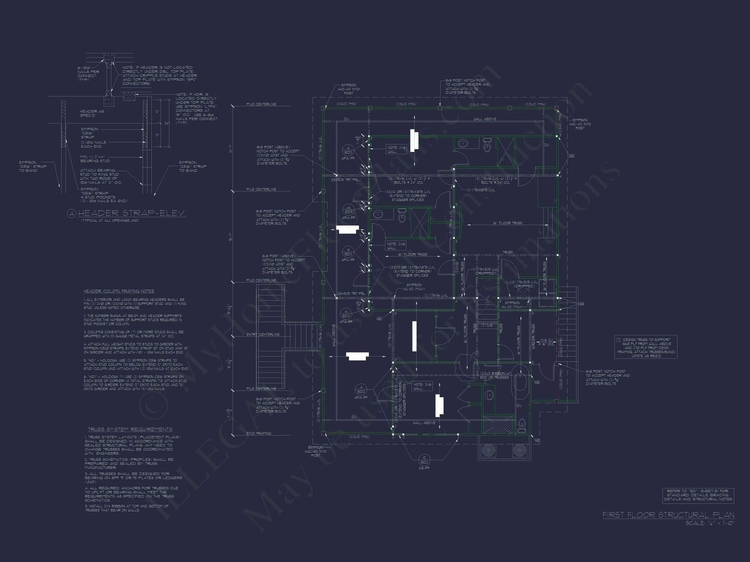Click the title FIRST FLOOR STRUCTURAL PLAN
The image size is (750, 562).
click(668, 515)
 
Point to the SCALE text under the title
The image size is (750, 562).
click(710, 523)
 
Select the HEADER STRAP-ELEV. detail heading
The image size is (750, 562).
click(132, 213)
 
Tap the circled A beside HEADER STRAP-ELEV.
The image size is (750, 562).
click(71, 213)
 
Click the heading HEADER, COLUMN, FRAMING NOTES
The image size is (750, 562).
click(119, 291)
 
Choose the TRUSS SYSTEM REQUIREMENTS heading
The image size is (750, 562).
click(130, 429)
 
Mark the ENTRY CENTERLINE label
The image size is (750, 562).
click(263, 334)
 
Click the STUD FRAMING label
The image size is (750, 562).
click(259, 433)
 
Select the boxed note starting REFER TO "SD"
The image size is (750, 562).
click(698, 495)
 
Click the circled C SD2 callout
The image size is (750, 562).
click(424, 460)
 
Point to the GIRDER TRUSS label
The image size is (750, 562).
click(533, 336)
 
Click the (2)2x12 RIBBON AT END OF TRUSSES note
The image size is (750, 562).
click(495, 375)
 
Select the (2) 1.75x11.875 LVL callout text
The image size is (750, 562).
click(480, 190)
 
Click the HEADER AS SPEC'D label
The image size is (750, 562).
click(92, 113)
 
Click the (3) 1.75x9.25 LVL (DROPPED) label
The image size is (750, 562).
click(524, 284)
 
